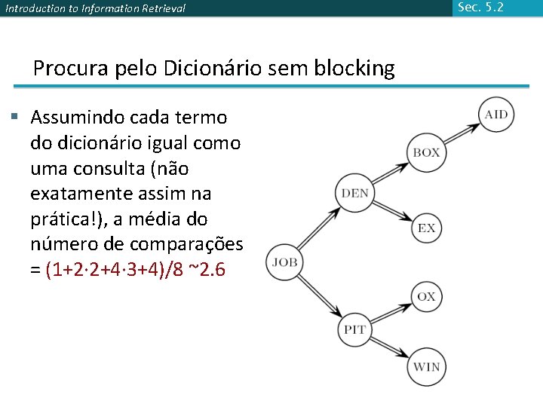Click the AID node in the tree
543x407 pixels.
[495, 115]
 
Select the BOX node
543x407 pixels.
[426, 152]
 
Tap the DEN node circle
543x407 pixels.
[355, 193]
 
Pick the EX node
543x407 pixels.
[427, 228]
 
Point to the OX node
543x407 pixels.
[426, 296]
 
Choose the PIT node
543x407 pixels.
[355, 330]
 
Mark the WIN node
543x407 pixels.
[426, 367]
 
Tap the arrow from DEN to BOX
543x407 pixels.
[390, 173]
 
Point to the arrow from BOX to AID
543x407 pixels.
[460, 133]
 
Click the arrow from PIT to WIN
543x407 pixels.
[390, 348]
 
